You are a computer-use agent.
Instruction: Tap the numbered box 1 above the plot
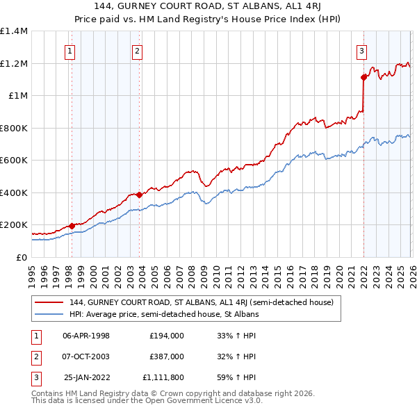[x=71, y=50]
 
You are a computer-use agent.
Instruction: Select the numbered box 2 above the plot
[x=138, y=50]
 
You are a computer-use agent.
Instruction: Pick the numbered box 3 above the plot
[x=362, y=50]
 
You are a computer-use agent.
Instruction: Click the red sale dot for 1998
[x=72, y=226]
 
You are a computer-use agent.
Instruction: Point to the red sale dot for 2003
[x=139, y=195]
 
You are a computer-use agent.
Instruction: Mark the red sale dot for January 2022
[x=363, y=77]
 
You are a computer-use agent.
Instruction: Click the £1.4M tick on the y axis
[x=14, y=31]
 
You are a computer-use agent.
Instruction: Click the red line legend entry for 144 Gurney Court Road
[x=202, y=302]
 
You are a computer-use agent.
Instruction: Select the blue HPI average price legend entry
[x=164, y=314]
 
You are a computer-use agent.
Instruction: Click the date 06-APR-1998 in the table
[x=86, y=335]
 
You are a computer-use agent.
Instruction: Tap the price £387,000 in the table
[x=166, y=356]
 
